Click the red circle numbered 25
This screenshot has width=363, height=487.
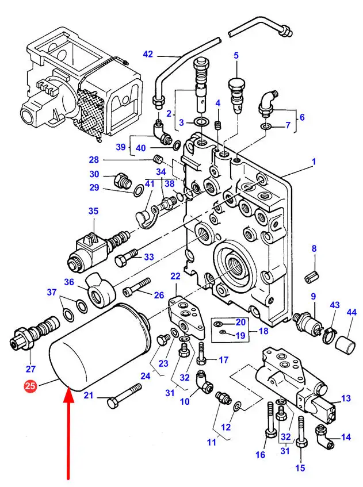[x=30, y=388]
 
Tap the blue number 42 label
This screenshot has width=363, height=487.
[x=148, y=55]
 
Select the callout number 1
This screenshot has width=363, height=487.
[x=314, y=162]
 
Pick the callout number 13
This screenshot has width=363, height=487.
[x=346, y=398]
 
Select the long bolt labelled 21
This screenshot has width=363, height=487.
[x=124, y=397]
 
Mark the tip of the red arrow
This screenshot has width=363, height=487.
[x=69, y=390]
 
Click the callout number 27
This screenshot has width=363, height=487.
[x=30, y=369]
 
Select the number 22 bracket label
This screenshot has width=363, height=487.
[x=175, y=277]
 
